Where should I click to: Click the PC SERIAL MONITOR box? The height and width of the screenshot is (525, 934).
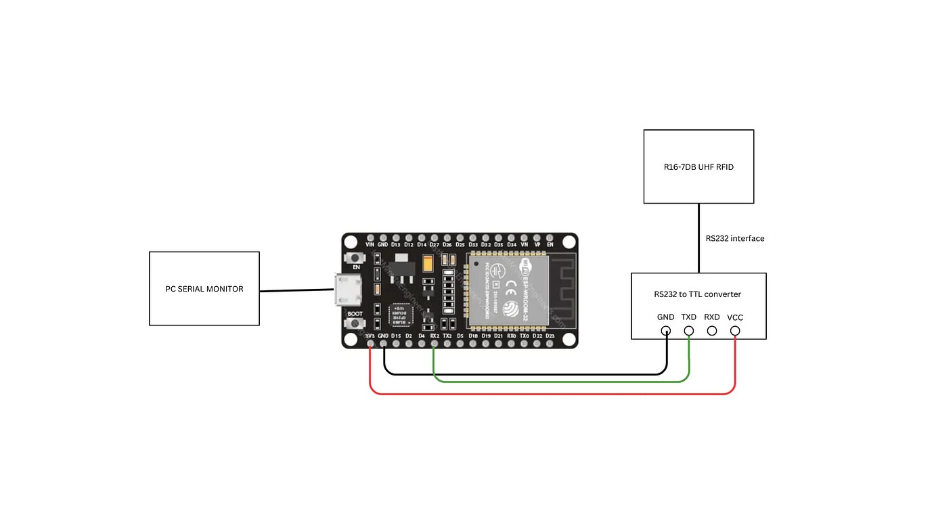click(204, 289)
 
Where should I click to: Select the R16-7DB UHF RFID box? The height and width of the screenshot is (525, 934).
click(698, 166)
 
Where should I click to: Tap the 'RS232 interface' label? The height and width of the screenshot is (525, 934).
click(734, 238)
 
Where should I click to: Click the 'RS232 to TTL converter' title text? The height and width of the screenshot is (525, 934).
click(697, 294)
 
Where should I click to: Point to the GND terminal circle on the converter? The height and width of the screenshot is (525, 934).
click(666, 331)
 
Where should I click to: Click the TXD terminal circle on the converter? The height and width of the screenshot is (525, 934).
click(689, 331)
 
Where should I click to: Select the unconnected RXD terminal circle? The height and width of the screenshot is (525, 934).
click(712, 331)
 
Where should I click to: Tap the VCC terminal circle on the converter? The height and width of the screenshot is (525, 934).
click(735, 331)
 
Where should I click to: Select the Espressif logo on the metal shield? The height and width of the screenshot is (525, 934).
click(514, 309)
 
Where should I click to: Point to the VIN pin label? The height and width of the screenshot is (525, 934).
click(370, 244)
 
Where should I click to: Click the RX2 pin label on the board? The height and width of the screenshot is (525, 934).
click(435, 336)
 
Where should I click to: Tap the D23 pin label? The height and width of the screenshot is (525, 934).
click(550, 336)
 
